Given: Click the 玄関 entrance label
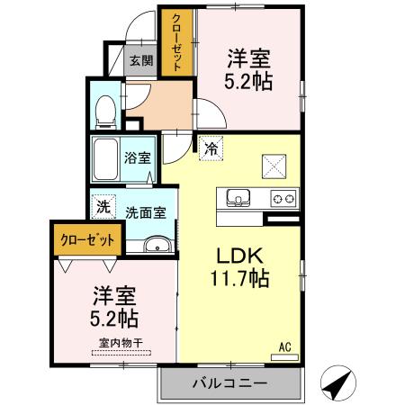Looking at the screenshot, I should (140, 61).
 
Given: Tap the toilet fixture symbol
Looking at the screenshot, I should (103, 110).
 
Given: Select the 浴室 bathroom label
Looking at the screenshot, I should (137, 157).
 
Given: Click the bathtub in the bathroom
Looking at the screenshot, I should (107, 160).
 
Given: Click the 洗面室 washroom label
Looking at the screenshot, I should (144, 213).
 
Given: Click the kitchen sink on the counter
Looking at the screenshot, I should (238, 197).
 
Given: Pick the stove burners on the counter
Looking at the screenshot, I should (283, 198).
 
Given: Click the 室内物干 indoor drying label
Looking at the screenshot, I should (121, 342).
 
